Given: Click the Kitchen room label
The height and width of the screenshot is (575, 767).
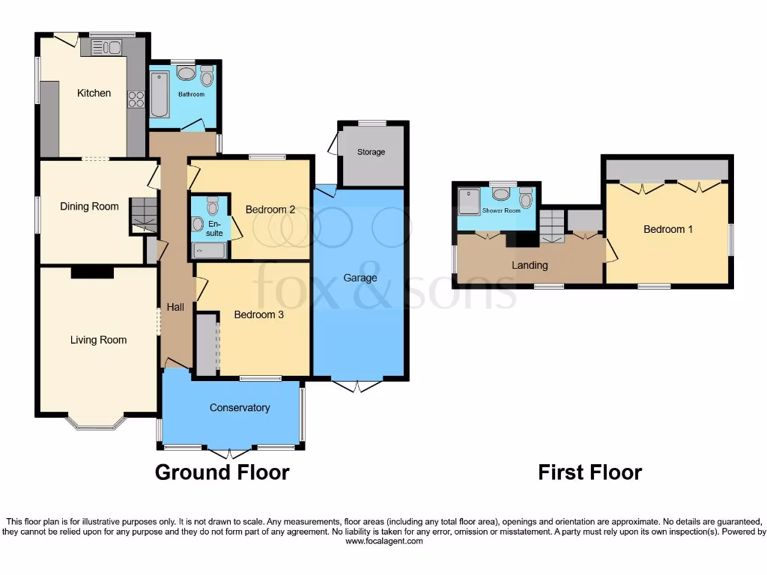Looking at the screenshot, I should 94,93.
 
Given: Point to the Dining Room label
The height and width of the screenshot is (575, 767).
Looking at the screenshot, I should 89,207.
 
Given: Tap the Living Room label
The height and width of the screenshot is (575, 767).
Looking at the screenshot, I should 98,340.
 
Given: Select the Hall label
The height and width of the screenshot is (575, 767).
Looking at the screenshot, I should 175,307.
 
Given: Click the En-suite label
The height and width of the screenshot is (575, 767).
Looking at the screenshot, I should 215,228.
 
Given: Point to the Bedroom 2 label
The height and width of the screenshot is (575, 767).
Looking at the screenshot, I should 270,210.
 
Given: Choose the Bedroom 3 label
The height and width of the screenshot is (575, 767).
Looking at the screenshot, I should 258,315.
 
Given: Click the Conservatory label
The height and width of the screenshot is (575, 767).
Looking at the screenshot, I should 239,408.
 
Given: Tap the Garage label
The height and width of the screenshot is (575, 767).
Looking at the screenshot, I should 360,278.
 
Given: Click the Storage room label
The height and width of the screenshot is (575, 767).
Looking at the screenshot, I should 371,152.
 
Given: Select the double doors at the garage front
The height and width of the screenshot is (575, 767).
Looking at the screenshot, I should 358,386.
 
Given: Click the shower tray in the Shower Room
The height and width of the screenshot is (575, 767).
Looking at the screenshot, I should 472,198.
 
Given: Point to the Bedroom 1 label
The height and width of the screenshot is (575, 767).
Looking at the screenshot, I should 668,229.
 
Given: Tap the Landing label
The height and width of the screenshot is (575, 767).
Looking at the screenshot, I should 530,265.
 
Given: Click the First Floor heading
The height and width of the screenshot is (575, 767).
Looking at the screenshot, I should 589,472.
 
